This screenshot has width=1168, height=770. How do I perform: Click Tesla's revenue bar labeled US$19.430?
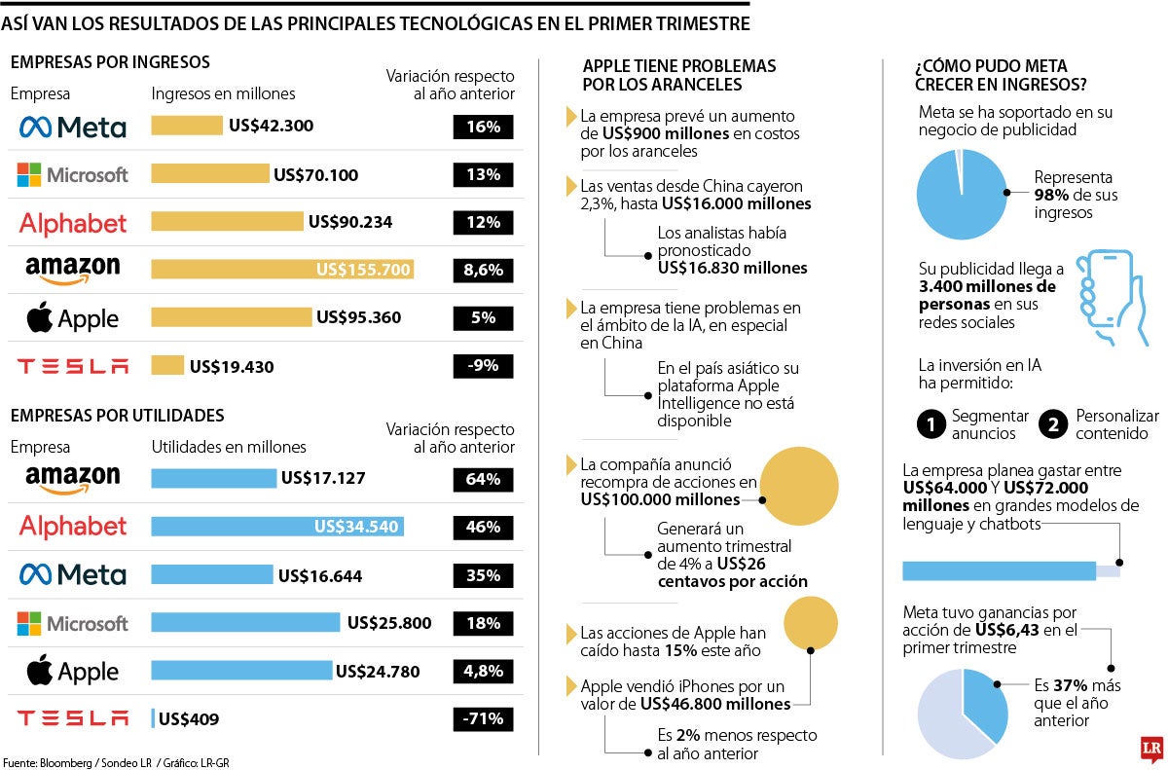167,366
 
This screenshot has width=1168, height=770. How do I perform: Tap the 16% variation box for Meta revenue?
483,127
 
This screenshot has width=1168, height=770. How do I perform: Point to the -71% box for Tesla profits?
483,719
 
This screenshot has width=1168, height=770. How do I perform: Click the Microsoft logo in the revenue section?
73,175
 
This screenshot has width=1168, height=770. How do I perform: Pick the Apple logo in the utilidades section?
73,671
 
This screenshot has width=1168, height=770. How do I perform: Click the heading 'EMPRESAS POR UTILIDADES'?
117,416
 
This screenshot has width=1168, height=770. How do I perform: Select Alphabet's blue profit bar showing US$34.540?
277,527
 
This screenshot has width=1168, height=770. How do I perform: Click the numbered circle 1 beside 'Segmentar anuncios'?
931,424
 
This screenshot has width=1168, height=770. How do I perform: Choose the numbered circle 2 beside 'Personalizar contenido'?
1054,424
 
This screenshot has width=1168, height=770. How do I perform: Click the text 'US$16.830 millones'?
732,268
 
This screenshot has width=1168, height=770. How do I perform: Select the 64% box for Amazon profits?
483,479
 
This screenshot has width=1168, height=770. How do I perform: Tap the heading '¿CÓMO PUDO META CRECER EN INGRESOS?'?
1001,75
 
